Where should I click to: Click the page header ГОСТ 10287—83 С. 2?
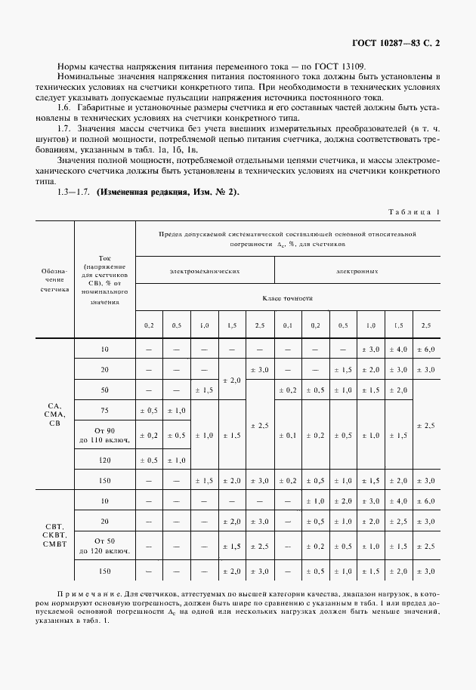[x=396, y=43]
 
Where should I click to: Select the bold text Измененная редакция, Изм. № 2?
[x=167, y=193]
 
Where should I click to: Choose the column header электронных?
[x=359, y=270]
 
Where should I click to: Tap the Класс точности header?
[x=287, y=299]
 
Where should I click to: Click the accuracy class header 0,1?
[x=287, y=325]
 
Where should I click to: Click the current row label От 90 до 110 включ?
[x=105, y=435]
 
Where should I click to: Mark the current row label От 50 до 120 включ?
[x=105, y=546]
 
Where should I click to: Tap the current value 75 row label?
[x=105, y=409]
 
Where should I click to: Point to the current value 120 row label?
[x=105, y=460]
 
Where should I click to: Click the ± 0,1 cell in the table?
[x=287, y=436]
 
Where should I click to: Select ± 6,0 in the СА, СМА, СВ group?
[x=426, y=350]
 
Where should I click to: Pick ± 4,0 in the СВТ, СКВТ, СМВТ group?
[x=398, y=502]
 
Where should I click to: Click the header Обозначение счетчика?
[x=54, y=279]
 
